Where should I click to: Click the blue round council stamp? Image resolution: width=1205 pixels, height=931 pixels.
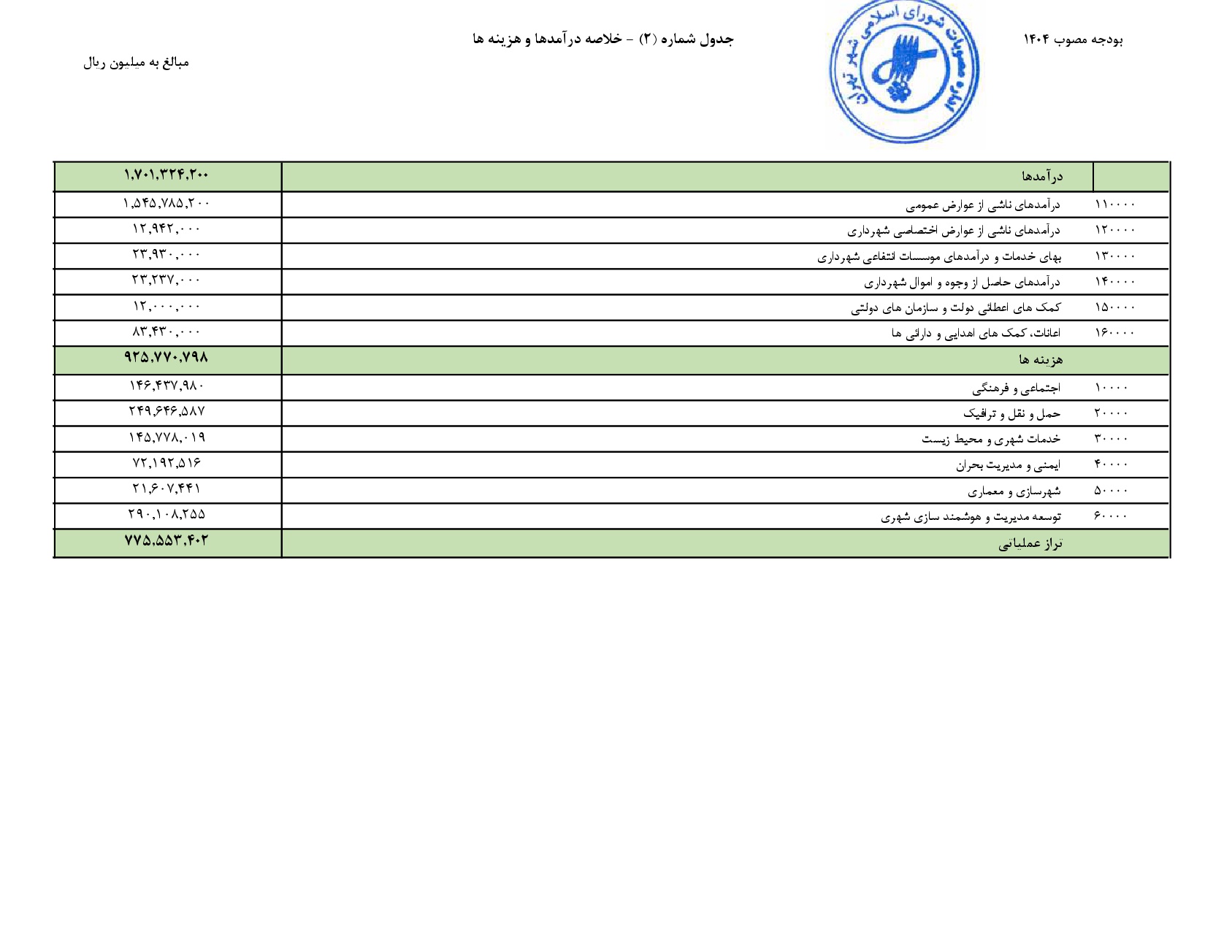click(903, 71)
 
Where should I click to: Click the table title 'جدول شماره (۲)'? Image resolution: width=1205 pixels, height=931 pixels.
click(686, 39)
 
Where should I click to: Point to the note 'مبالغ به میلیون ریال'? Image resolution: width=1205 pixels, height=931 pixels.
click(136, 63)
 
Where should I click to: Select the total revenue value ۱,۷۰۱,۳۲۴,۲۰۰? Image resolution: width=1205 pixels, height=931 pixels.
click(167, 175)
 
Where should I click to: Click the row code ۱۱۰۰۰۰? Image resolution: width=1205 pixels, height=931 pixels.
click(1114, 204)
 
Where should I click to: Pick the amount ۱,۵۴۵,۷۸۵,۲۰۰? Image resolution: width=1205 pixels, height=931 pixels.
click(167, 204)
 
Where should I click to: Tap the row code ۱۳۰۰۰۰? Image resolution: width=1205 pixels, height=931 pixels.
click(1114, 256)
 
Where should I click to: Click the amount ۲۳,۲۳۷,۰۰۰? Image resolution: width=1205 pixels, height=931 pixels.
click(167, 280)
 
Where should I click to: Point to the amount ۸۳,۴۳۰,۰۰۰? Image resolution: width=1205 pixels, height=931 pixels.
click(167, 332)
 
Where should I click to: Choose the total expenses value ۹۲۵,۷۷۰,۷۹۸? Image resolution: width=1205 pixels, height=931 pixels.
click(167, 358)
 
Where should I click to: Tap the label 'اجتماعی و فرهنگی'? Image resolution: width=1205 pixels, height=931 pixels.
click(1016, 388)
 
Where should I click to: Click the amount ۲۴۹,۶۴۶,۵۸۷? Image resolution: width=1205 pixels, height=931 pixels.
click(167, 412)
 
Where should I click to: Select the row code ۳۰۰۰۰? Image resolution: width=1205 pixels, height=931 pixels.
click(1111, 439)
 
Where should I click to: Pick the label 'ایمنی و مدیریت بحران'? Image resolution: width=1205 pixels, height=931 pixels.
click(1008, 465)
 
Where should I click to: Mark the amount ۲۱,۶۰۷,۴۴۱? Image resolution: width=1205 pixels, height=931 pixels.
click(167, 489)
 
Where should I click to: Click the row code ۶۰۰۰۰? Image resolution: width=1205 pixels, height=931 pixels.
click(1111, 516)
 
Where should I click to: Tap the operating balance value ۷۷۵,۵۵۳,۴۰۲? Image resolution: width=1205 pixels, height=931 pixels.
click(167, 541)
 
